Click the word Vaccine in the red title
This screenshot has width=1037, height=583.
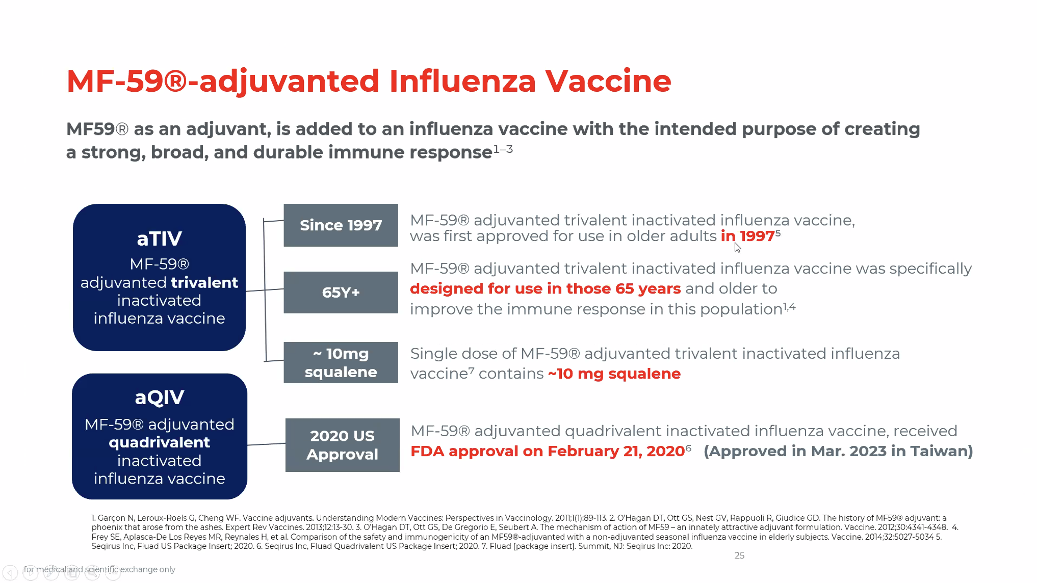pyautogui.click(x=608, y=81)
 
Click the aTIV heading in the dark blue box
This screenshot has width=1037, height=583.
pyautogui.click(x=159, y=238)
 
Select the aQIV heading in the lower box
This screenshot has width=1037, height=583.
pyautogui.click(x=159, y=397)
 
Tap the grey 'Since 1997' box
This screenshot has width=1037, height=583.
pyautogui.click(x=341, y=225)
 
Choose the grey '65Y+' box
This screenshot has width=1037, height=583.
pyautogui.click(x=341, y=293)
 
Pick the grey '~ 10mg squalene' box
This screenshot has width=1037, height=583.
pyautogui.click(x=341, y=362)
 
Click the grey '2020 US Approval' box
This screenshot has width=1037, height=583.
pyautogui.click(x=342, y=445)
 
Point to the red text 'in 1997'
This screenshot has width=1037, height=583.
pyautogui.click(x=747, y=236)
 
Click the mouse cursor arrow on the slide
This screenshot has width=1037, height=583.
pyautogui.click(x=737, y=247)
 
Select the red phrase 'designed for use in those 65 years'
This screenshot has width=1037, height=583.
pyautogui.click(x=545, y=288)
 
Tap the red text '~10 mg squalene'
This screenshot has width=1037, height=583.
pyautogui.click(x=614, y=374)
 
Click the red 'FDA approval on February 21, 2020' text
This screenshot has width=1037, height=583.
pyautogui.click(x=548, y=451)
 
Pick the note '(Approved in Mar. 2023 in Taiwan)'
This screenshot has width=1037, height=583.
pyautogui.click(x=838, y=451)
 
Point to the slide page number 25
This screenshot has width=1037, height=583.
pyautogui.click(x=739, y=555)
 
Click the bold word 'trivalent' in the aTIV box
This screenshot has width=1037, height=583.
pyautogui.click(x=204, y=282)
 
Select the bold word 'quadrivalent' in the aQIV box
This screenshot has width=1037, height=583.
pyautogui.click(x=159, y=442)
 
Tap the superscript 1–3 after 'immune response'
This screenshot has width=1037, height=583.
pyautogui.click(x=503, y=149)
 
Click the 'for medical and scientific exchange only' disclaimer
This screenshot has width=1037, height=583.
pyautogui.click(x=99, y=569)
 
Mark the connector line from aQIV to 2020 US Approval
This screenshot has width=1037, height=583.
pyautogui.click(x=266, y=444)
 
